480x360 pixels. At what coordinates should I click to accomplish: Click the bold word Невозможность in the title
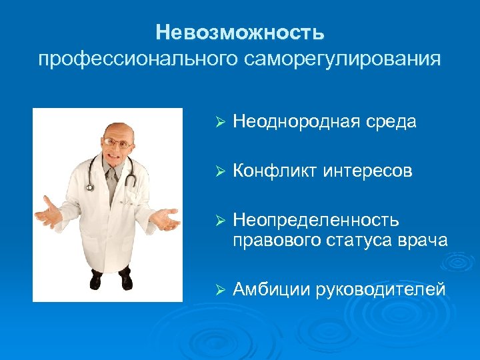(x=240, y=32)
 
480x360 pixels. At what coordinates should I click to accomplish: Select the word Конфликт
(x=275, y=172)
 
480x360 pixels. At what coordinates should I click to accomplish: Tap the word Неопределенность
(x=316, y=221)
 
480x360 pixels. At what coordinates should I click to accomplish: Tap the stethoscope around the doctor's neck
(x=127, y=170)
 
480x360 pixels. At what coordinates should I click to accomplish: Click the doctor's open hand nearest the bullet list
(x=163, y=219)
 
